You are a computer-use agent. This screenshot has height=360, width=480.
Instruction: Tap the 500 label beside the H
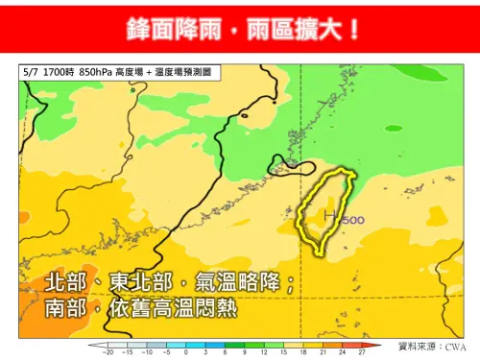(350, 219)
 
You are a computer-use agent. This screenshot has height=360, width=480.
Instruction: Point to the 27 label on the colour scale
(362, 353)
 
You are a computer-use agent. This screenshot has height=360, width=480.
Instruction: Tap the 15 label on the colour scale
(284, 353)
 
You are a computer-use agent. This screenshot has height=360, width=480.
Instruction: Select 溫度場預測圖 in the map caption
(197, 71)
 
